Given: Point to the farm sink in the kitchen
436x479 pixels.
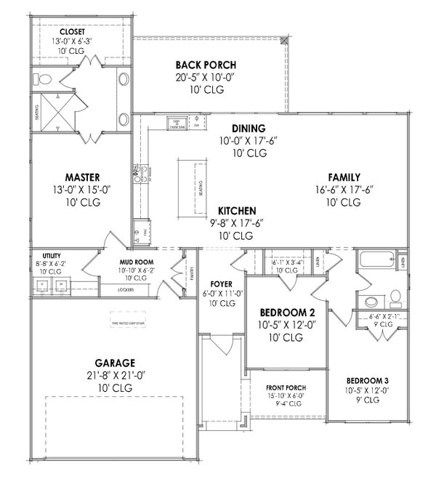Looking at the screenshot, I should coord(174,121).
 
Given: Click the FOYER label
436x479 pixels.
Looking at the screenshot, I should coord(220,283).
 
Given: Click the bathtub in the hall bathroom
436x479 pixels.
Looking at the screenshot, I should coord(374,262).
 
